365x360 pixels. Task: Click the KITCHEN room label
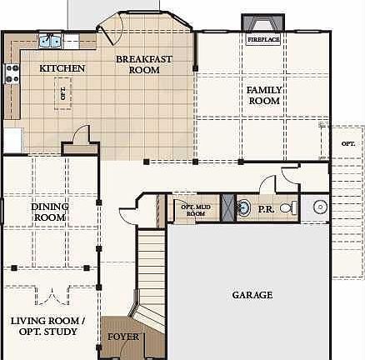[62, 67]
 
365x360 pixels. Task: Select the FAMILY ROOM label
[263, 95]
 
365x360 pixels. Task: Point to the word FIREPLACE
[262, 39]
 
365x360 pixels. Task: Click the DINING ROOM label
[50, 212]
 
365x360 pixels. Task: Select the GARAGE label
[252, 295]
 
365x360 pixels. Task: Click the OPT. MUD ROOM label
[194, 209]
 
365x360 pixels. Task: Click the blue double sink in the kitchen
[50, 39]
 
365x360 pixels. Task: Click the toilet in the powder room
[286, 207]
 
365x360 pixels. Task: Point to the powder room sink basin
[243, 207]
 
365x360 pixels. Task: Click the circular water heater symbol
[320, 207]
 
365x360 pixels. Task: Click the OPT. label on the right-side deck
[347, 143]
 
